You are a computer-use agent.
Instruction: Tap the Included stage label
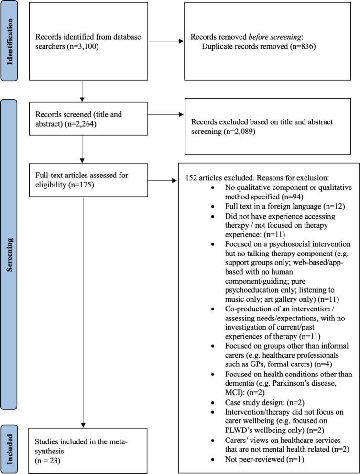(x=11, y=445)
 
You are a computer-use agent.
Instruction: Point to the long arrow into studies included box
(x=83, y=335)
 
